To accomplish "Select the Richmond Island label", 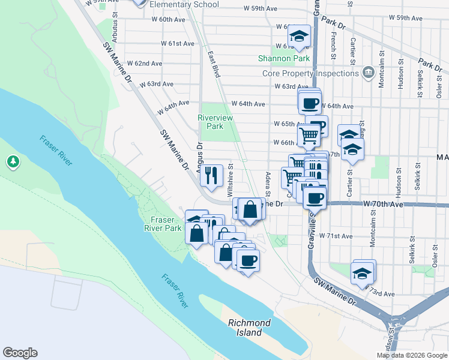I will [x=249, y=328].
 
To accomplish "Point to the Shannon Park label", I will [x=284, y=59].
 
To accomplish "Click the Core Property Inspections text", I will [x=310, y=74].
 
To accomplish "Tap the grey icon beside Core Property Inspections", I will [x=368, y=74].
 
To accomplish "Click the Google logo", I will [x=20, y=353].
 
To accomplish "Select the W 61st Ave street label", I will [x=178, y=44].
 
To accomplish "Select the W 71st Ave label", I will [x=337, y=236].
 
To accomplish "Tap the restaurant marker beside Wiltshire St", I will [x=210, y=175].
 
